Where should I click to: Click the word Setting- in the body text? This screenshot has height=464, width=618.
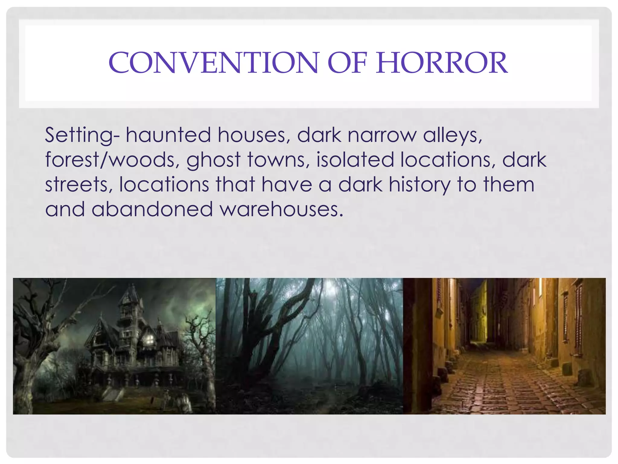82,135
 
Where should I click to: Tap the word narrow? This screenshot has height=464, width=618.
382,135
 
